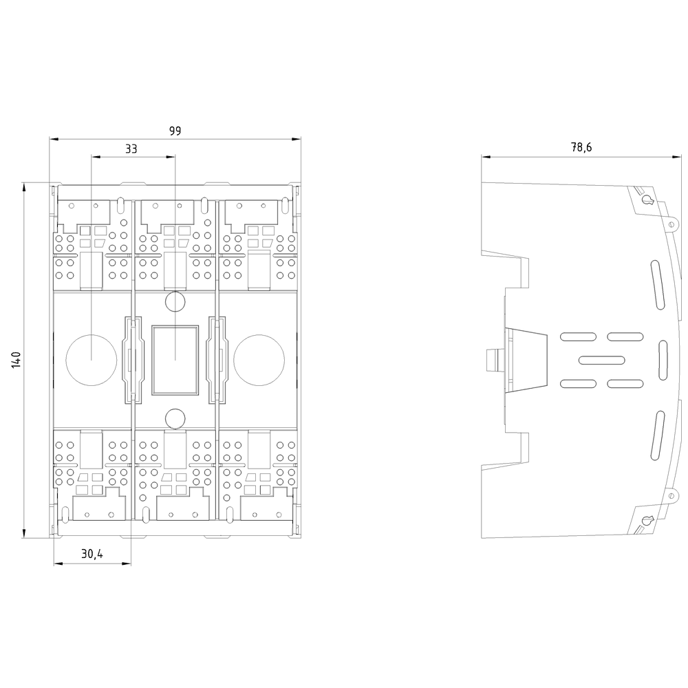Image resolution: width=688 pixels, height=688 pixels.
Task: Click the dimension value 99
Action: (x=175, y=131)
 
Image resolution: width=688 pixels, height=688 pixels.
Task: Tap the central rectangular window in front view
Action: (x=175, y=360)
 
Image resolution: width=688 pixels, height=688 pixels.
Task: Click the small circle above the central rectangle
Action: (x=175, y=302)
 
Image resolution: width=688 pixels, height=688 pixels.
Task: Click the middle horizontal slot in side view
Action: (x=601, y=360)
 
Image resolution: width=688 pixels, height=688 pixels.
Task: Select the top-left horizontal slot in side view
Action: (x=577, y=336)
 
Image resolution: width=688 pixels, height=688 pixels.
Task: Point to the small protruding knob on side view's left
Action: (x=492, y=359)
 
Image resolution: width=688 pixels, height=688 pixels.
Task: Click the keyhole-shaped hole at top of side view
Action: (x=647, y=200)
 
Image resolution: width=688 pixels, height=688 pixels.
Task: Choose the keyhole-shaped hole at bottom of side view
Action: (x=647, y=519)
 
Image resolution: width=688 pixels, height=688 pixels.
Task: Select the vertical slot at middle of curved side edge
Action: (x=664, y=359)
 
